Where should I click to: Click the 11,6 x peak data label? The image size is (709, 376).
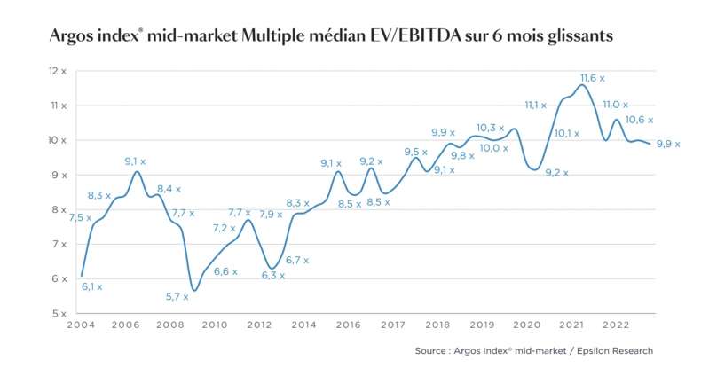click(x=594, y=78)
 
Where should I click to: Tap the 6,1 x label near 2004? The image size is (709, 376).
click(x=92, y=286)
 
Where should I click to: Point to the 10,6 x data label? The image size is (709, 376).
click(x=639, y=120)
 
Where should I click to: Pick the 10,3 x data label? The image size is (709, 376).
click(x=490, y=128)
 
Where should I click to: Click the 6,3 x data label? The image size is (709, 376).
click(x=272, y=275)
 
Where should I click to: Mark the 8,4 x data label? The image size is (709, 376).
click(x=169, y=188)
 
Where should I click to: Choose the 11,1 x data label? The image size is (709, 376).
click(x=535, y=105)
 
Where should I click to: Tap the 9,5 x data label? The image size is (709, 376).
click(x=416, y=152)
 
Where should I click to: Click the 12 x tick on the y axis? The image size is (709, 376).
click(x=58, y=70)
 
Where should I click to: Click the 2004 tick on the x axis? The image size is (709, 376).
click(x=81, y=325)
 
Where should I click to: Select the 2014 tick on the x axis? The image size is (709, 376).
click(x=303, y=325)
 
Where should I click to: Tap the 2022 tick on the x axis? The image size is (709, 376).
click(x=616, y=325)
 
